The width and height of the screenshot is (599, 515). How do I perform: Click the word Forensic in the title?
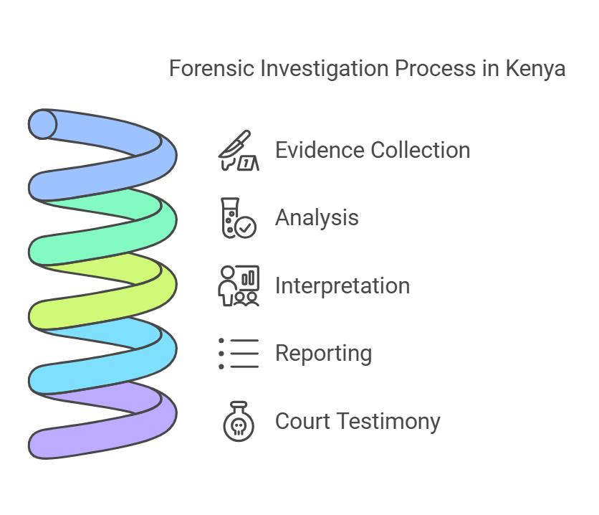coord(211,68)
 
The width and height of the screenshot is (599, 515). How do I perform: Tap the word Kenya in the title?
coord(535,69)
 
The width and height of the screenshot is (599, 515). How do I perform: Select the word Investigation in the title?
coord(325,69)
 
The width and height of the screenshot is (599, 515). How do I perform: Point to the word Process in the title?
coord(435,68)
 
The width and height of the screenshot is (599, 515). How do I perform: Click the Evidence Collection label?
coord(373,150)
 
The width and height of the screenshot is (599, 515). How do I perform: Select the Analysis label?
coord(317,218)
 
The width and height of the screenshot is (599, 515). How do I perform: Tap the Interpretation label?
coord(342,286)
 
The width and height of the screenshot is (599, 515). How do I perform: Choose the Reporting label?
coord(323,354)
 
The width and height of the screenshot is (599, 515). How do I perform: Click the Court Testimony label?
coord(358,422)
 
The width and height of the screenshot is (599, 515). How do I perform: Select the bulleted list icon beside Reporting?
coord(239,354)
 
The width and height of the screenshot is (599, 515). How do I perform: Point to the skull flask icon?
coord(239,421)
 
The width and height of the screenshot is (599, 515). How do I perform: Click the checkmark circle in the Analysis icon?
coord(246,227)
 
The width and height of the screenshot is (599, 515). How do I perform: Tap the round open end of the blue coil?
coord(43,124)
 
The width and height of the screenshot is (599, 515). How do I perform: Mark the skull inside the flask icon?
coord(239,427)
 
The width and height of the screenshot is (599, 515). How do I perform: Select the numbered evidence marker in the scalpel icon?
coord(248,164)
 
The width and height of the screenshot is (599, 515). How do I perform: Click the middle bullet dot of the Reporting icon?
coord(221,354)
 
